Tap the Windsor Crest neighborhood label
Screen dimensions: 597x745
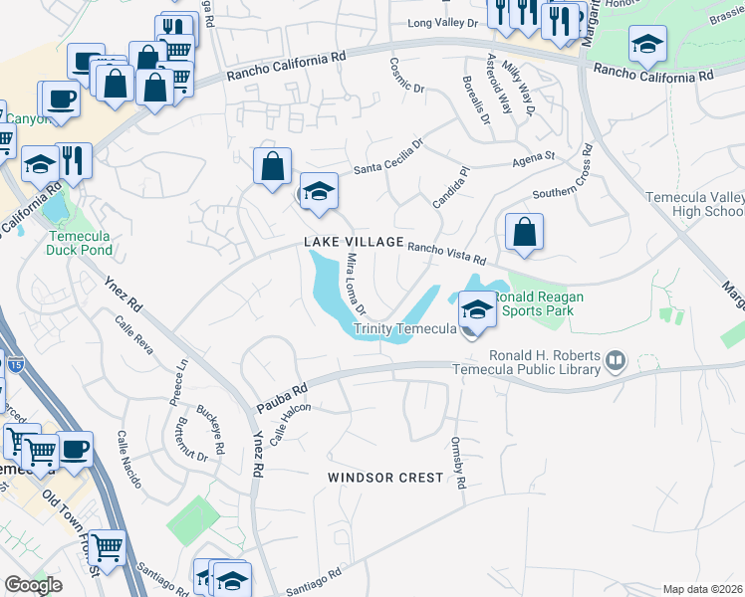[x=385, y=478]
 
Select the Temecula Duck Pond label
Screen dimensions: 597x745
[x=79, y=243]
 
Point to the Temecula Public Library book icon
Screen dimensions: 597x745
[x=616, y=360]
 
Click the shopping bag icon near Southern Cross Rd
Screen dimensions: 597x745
[x=524, y=233]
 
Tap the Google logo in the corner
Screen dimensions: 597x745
[x=33, y=585]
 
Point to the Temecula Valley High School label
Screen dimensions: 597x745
[x=695, y=204]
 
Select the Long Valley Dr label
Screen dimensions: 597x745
[x=445, y=23]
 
